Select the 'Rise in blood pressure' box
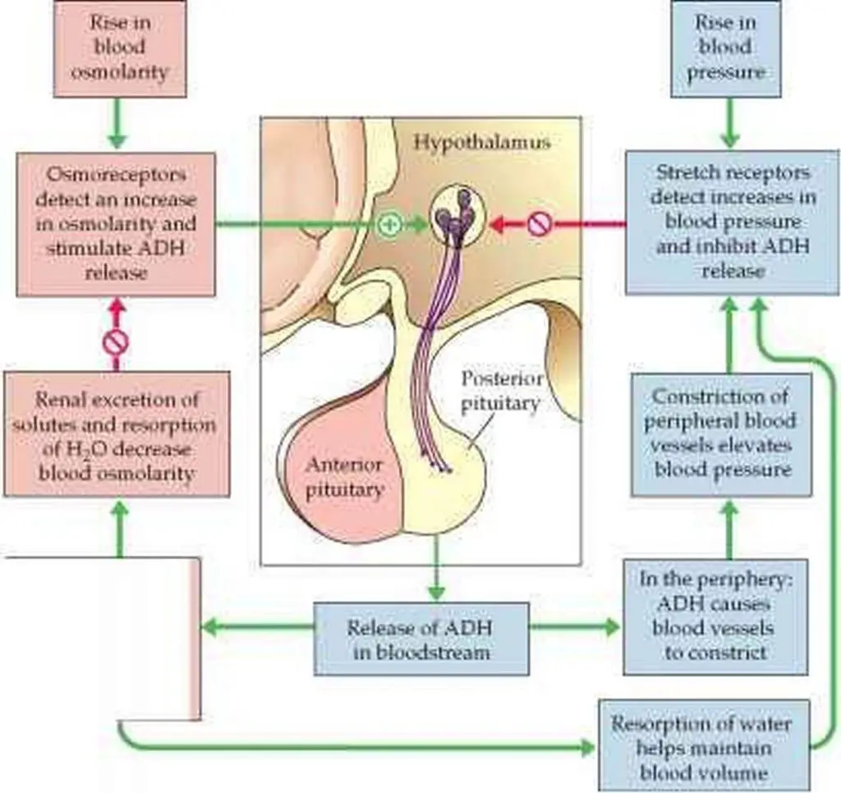point(726,48)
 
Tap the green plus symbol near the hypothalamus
point(390,223)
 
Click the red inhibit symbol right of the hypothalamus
point(538,223)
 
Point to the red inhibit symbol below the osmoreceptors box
point(116,340)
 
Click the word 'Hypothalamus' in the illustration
point(480,142)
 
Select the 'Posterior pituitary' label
point(500,391)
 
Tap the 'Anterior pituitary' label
point(345,477)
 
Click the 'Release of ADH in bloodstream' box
point(421,639)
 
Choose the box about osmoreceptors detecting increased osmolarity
point(116,223)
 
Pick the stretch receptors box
point(733,222)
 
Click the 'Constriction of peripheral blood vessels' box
point(721,433)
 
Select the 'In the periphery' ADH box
point(704,615)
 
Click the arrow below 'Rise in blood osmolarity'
point(117,122)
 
